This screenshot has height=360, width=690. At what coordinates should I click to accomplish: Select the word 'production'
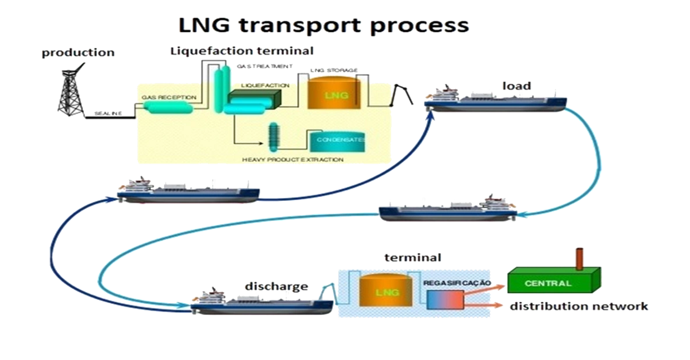point(78,53)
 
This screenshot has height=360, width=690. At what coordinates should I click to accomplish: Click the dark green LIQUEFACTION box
point(255,98)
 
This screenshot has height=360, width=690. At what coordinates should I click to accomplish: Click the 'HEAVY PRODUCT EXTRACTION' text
point(293,160)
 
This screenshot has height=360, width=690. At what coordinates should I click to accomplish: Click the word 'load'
point(517,86)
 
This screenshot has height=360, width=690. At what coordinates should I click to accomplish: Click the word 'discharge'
point(276,287)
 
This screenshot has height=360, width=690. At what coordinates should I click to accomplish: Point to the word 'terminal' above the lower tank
point(413,258)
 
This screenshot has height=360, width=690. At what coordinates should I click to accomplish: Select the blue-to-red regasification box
point(445,300)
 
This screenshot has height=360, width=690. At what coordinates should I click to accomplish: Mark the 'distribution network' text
point(579,307)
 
